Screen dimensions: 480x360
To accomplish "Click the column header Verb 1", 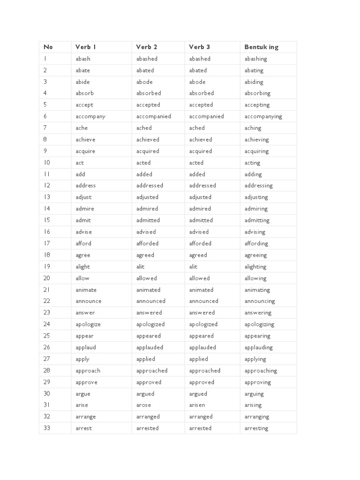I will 86,47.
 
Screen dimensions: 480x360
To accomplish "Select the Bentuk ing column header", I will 261,47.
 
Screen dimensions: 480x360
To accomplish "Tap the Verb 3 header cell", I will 199,47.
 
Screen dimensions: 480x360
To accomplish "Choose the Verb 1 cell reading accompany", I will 90,116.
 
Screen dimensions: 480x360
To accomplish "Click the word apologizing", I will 259,324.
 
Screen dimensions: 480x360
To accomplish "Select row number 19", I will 47,266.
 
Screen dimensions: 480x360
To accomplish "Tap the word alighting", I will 255,267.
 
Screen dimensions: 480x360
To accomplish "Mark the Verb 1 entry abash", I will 83,59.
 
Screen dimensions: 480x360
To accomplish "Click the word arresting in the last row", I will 256,428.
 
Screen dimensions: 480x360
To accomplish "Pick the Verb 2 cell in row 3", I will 144,82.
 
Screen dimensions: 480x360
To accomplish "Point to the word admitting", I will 257,220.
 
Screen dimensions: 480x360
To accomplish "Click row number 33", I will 47,428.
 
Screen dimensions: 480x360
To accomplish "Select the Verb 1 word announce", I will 89,301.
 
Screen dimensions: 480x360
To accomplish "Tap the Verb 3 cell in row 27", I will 198,359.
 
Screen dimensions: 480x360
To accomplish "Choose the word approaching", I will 261,370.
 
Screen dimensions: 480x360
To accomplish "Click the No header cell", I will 48,47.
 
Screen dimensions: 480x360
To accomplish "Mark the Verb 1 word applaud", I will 86,347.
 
